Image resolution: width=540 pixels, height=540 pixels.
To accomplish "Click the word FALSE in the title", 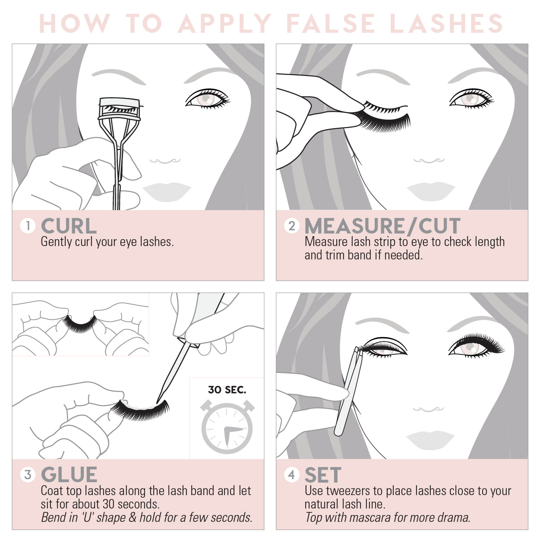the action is click(x=331, y=24).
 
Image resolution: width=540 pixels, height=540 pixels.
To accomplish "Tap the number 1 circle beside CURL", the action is click(x=28, y=226).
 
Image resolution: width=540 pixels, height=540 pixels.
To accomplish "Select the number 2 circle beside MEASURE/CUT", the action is click(x=292, y=226).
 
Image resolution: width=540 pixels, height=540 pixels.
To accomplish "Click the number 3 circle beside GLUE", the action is click(x=28, y=475).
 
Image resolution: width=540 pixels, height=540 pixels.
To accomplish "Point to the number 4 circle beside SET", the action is click(x=292, y=475).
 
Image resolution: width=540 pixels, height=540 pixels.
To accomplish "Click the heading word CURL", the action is click(x=69, y=226).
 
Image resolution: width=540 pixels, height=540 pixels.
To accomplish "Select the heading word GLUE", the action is click(x=69, y=475).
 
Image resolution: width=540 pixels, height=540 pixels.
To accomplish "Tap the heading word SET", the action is click(x=323, y=475).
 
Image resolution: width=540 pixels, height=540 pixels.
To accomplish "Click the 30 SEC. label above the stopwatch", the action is click(x=227, y=390).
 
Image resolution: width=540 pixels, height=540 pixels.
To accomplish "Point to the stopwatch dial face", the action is click(x=227, y=428).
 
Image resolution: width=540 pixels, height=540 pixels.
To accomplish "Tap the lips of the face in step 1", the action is click(x=167, y=192).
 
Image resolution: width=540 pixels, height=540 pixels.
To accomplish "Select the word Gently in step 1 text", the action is click(x=56, y=242).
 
